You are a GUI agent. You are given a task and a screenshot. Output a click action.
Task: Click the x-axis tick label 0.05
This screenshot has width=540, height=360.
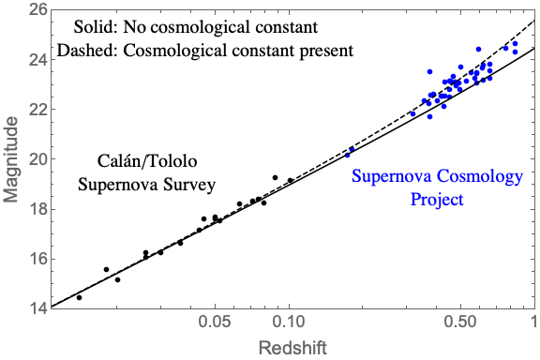216,322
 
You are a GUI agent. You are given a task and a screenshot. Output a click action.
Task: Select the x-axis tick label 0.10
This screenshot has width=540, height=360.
290,322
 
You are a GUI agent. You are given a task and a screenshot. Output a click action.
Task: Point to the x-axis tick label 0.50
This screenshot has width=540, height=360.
460,322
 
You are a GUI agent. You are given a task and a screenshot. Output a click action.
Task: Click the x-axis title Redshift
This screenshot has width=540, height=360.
292,348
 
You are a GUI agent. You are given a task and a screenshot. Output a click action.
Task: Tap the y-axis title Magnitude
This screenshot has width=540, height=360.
10,159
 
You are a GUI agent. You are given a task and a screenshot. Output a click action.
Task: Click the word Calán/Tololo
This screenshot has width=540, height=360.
147,161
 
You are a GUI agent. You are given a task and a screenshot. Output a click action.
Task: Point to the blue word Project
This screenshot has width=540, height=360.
437,200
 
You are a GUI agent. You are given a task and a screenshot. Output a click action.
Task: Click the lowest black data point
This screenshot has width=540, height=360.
79,297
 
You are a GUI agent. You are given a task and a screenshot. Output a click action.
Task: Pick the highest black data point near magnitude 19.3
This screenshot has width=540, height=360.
276,178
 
